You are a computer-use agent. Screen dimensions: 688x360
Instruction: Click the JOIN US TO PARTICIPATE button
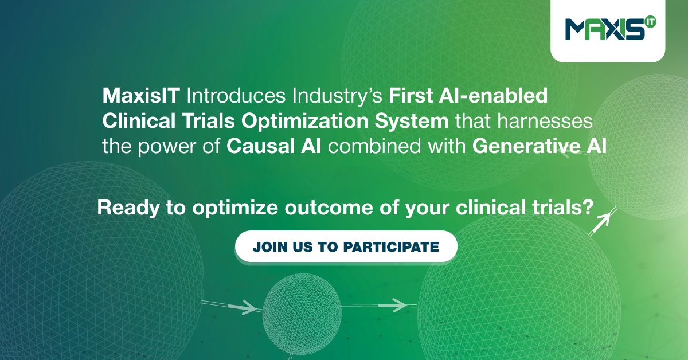[x=346, y=246]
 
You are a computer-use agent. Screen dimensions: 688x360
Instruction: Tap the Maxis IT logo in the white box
[x=610, y=29]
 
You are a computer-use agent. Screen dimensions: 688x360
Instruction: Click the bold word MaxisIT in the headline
[x=141, y=96]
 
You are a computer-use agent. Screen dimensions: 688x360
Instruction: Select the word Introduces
[x=236, y=96]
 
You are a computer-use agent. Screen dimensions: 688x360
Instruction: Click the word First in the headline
[x=411, y=96]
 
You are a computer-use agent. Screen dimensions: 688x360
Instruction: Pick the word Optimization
[x=304, y=121]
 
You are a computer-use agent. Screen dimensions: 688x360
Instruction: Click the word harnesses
[x=545, y=121]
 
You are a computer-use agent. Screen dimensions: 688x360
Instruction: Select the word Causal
[x=260, y=146]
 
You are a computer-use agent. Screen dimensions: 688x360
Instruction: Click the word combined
[x=374, y=146]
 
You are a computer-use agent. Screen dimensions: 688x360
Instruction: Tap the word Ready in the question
[x=128, y=209]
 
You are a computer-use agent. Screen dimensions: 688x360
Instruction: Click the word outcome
[x=329, y=208]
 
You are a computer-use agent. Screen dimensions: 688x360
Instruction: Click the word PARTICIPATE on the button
[x=391, y=247]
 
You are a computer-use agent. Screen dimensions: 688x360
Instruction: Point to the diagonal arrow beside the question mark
[x=603, y=222]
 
